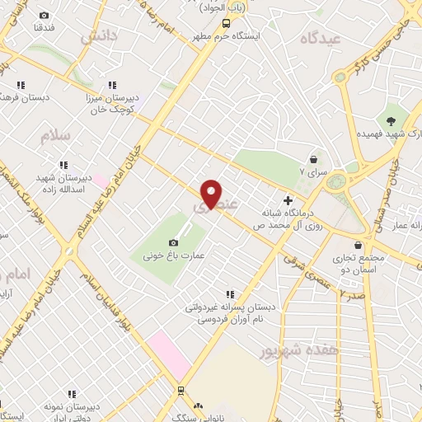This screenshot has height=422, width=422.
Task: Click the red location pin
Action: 212,193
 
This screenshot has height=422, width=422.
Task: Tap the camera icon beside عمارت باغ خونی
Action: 173,242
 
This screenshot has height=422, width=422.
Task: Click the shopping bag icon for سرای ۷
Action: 313,159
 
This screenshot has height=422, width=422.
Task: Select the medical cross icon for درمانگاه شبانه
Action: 288,200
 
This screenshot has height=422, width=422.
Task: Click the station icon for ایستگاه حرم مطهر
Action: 227,24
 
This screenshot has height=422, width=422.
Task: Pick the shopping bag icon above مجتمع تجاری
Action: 358,245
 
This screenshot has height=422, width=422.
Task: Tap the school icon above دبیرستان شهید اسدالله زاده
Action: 64,165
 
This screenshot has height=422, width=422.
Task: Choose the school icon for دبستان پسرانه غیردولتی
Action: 230,293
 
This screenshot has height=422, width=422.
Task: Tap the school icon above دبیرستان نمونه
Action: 72,394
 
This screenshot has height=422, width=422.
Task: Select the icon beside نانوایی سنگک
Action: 197,406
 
